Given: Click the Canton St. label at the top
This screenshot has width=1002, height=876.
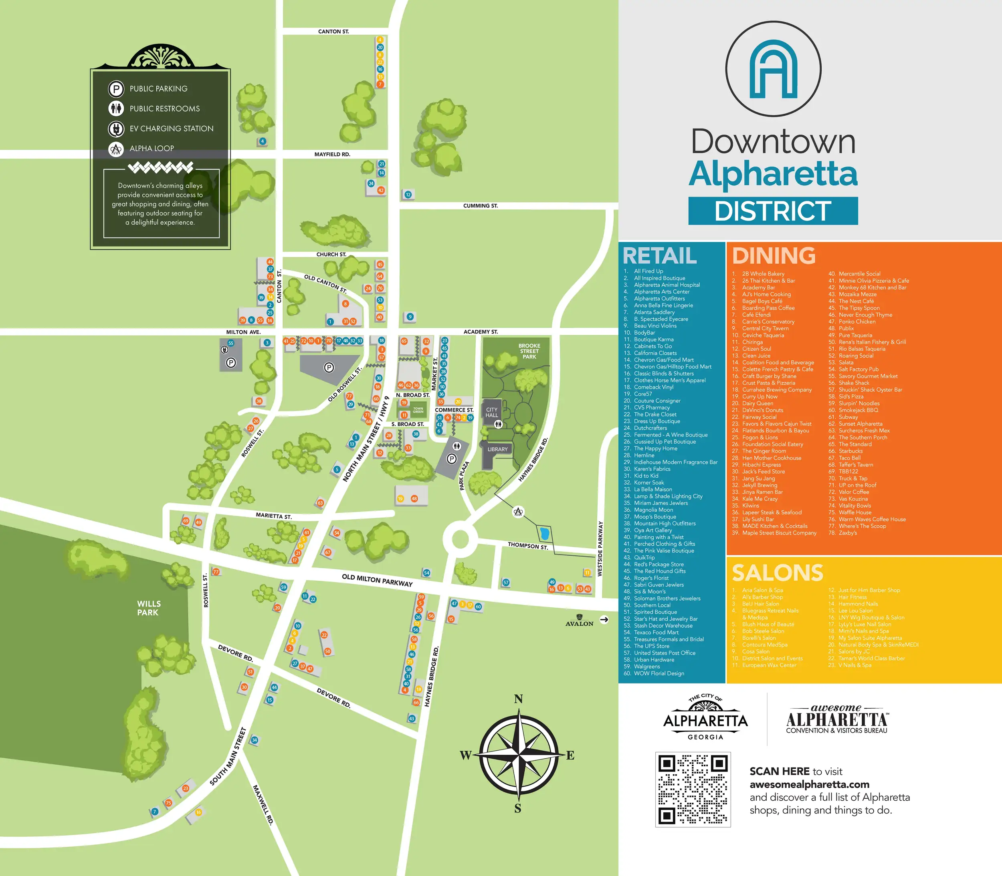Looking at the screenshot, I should click(x=333, y=31).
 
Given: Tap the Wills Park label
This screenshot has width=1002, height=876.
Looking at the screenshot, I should click(x=148, y=608).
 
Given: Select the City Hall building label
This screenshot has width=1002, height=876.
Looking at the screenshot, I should click(x=492, y=412).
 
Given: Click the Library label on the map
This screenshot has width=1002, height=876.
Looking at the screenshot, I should click(x=497, y=449).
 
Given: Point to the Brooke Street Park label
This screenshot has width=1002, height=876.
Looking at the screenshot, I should click(x=529, y=351).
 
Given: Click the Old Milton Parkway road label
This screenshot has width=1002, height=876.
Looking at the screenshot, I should click(x=377, y=580).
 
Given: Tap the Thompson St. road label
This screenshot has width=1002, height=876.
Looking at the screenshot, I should click(x=527, y=546).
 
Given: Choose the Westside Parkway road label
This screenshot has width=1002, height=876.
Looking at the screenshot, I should click(x=600, y=549).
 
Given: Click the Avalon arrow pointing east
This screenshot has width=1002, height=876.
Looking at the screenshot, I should click(x=604, y=619).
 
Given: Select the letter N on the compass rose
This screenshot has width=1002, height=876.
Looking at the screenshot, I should click(x=518, y=699).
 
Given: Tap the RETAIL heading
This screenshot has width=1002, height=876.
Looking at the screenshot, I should click(x=660, y=256).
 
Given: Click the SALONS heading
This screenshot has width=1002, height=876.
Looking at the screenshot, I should click(x=778, y=573).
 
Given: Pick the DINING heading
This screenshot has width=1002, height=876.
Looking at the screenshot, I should click(x=774, y=256).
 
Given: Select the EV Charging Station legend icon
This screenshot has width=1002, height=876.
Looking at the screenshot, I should click(x=116, y=129).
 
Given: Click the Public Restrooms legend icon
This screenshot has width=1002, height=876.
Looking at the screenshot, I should click(x=116, y=108).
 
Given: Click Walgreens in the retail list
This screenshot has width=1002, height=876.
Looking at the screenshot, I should click(x=647, y=666).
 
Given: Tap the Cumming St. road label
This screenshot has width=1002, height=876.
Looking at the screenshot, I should click(x=480, y=206).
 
